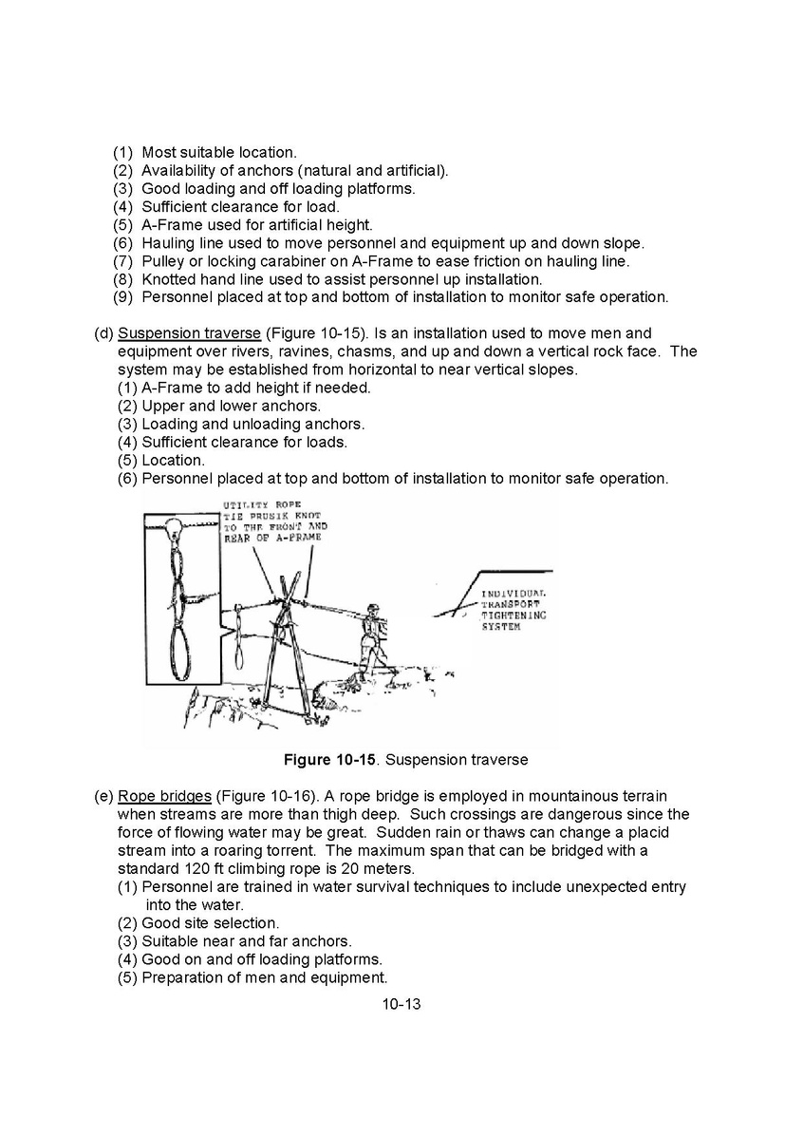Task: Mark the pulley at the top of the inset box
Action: [x=175, y=527]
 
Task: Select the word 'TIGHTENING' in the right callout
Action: [x=514, y=616]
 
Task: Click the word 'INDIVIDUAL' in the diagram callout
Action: [x=514, y=594]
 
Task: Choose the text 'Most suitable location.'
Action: [x=219, y=152]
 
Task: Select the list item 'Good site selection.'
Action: [x=211, y=922]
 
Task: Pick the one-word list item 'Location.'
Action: [x=173, y=461]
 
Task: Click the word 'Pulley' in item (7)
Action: [x=163, y=261]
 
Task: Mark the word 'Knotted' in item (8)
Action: [x=169, y=279]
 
